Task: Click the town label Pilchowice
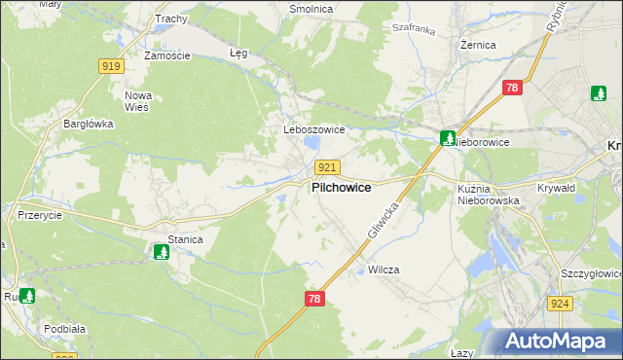pos(340,188)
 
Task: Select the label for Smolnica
pos(311,9)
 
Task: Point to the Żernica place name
pos(479,45)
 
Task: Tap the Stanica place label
pos(185,238)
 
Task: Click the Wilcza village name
pos(384,270)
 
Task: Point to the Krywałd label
pos(558,189)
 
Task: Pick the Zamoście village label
pos(166,55)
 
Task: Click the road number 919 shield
pos(110,65)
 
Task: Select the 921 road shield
pos(327,167)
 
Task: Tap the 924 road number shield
pos(559,305)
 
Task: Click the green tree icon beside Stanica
pos(162,253)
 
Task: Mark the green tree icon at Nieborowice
pos(447,138)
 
